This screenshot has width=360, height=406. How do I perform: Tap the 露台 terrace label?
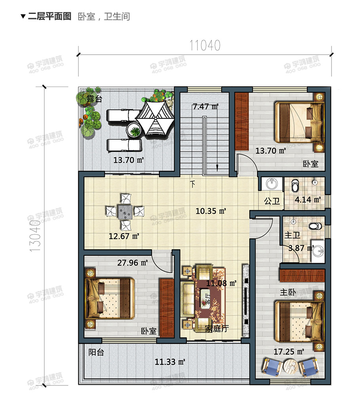[95, 99]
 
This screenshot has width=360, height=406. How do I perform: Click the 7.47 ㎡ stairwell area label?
[205, 106]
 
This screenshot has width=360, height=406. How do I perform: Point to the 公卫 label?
[272, 201]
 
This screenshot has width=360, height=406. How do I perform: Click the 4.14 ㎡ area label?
[307, 200]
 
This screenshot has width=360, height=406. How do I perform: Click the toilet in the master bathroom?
[315, 227]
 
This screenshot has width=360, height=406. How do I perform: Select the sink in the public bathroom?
[271, 184]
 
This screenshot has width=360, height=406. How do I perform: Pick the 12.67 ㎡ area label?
[124, 237]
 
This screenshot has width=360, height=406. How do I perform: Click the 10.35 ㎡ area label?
[210, 211]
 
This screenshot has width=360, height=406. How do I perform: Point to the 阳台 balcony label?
[96, 352]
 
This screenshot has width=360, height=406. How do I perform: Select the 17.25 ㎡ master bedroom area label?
[289, 351]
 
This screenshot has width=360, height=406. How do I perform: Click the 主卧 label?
[288, 292]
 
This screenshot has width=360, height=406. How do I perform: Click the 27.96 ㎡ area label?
[133, 262]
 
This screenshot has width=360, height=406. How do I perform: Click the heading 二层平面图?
[49, 16]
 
